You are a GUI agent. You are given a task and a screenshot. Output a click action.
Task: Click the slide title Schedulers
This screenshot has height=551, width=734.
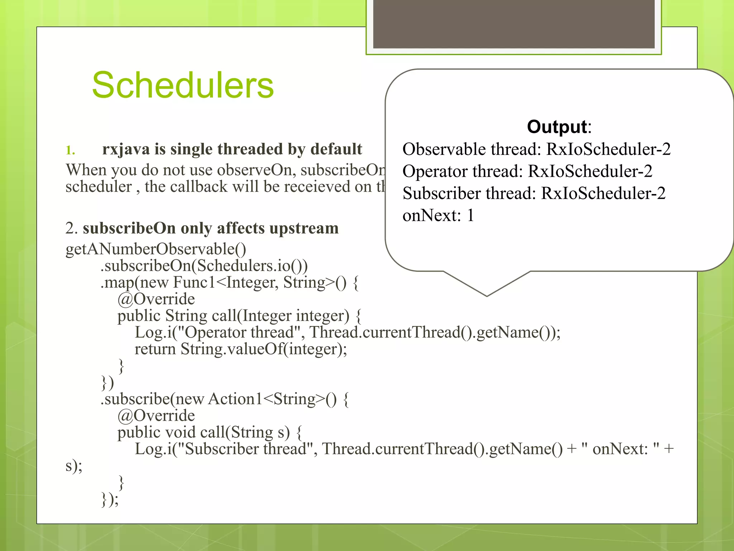click(x=183, y=85)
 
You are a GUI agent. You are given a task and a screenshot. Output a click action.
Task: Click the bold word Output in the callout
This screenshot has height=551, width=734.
click(x=557, y=127)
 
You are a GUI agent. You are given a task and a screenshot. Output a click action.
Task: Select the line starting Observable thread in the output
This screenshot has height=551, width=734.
click(x=536, y=149)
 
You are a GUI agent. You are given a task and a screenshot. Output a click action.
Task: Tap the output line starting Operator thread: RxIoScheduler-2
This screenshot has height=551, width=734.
click(x=527, y=171)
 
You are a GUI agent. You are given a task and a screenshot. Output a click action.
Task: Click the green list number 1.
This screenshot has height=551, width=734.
click(x=70, y=150)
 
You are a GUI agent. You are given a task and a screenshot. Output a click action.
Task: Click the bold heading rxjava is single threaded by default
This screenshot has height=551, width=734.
click(x=232, y=149)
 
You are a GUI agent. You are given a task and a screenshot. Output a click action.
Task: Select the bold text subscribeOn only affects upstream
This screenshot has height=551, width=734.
click(x=210, y=229)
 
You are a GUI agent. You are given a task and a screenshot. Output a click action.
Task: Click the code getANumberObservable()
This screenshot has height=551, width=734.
click(x=156, y=249)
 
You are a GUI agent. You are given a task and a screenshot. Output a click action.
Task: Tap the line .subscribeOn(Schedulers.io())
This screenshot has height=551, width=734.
click(x=204, y=266)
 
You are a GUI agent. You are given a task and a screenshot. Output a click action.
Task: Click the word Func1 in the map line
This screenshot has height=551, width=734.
click(x=194, y=283)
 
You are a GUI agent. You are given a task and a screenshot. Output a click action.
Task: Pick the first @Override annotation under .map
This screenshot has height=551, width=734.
click(x=156, y=299)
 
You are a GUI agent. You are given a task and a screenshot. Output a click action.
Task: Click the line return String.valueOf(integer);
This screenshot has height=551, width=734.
click(x=240, y=349)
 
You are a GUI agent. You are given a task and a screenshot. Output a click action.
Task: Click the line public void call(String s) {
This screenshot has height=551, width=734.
click(x=210, y=433)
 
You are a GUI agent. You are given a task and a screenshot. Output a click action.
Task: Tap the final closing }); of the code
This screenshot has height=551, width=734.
click(x=110, y=499)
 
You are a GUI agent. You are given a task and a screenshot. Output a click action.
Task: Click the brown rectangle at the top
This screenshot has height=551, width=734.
click(x=514, y=23)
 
